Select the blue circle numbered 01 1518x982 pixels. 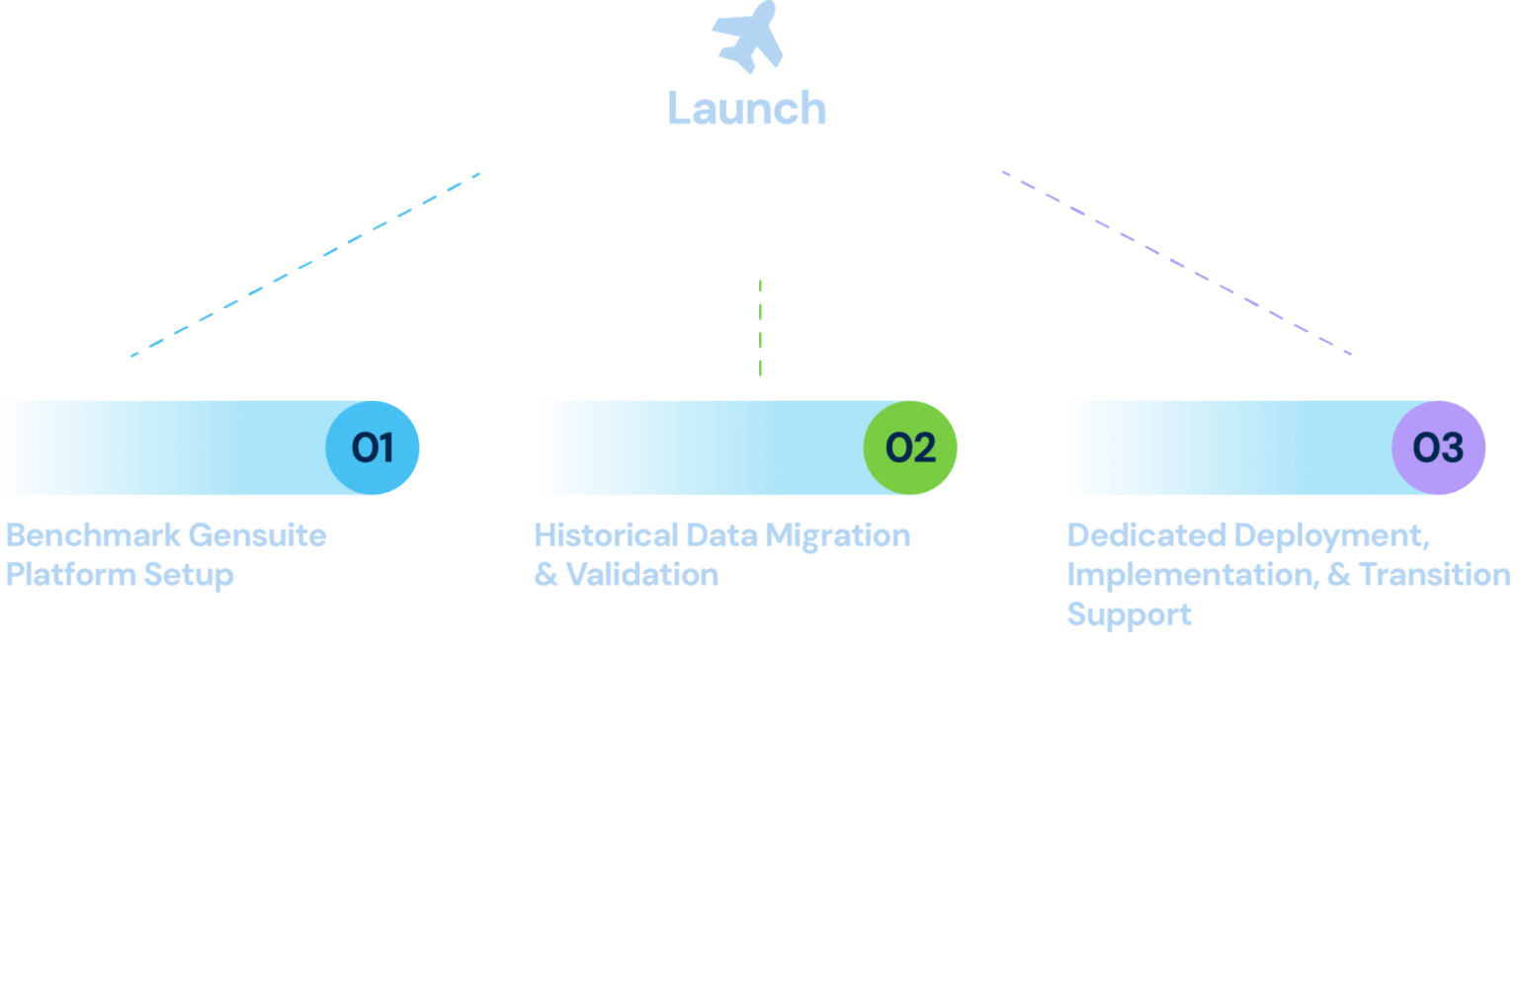coord(373,448)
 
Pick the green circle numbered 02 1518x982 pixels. coord(910,448)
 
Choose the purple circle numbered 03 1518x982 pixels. coord(1438,448)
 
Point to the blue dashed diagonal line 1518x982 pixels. coord(306,262)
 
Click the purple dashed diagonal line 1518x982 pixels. coord(1176,263)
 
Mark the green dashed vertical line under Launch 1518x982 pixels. coord(760,336)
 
